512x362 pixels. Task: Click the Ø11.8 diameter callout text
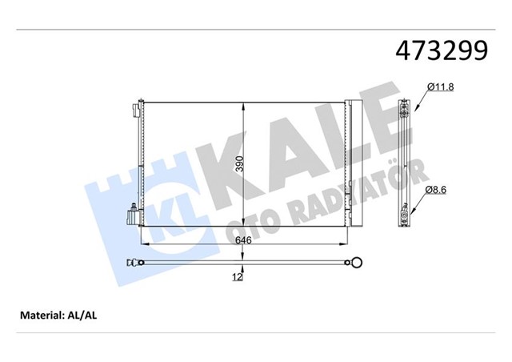click(441, 86)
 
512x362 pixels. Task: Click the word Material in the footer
click(41, 316)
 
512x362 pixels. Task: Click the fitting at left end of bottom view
click(133, 261)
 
